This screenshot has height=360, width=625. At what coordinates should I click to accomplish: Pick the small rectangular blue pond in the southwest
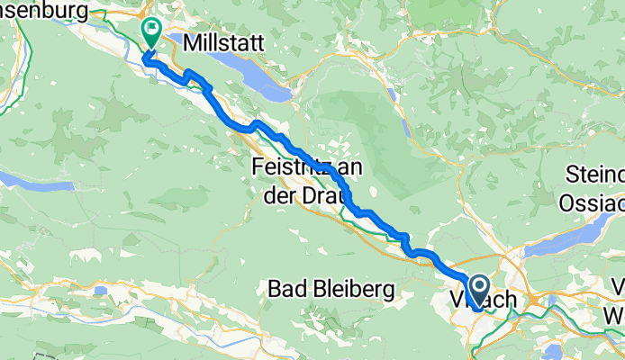click(x=101, y=291)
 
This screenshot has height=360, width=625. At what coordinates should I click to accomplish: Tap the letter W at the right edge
click(x=616, y=315)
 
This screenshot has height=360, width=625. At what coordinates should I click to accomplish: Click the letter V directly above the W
click(x=618, y=289)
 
